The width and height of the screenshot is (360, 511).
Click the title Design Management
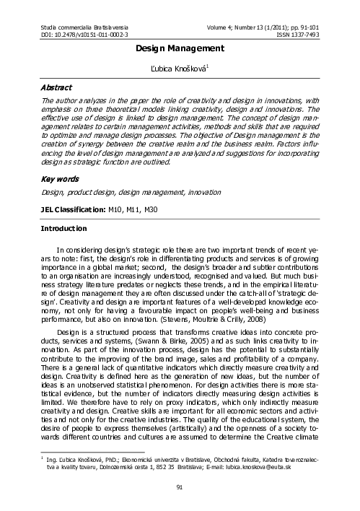pos(180,48)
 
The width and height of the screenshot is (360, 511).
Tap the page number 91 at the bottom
pos(180,488)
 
